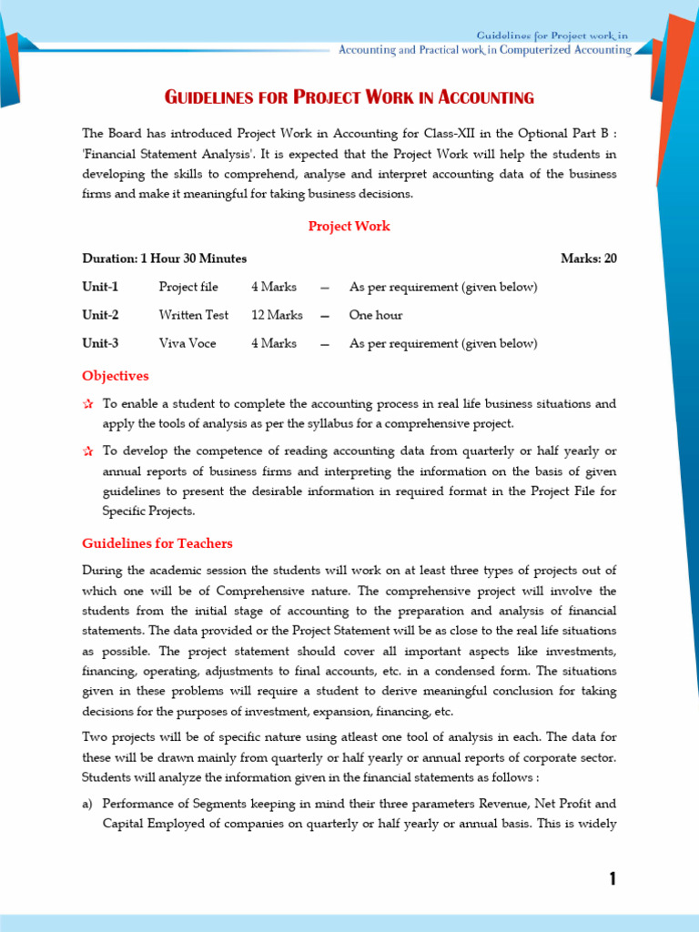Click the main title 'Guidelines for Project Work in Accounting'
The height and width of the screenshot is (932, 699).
click(x=349, y=97)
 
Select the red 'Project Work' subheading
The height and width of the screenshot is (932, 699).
click(x=349, y=226)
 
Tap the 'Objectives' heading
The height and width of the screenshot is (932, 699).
click(x=116, y=376)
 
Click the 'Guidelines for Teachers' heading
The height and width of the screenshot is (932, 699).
click(x=157, y=543)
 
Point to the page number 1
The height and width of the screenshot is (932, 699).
click(x=613, y=878)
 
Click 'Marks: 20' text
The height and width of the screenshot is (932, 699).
click(x=588, y=258)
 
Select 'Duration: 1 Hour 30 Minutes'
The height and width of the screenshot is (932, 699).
click(x=165, y=258)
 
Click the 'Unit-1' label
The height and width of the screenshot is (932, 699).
click(x=100, y=287)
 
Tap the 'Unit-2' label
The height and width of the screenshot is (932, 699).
click(x=100, y=315)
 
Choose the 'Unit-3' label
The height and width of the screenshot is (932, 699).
click(x=100, y=343)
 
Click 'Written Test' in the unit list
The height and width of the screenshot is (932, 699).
click(x=194, y=315)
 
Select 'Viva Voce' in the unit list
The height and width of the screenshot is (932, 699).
click(x=187, y=343)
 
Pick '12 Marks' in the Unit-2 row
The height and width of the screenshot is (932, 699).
click(x=277, y=315)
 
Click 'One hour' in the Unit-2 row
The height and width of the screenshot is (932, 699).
click(x=376, y=315)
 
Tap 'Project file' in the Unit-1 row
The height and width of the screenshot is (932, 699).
click(x=188, y=287)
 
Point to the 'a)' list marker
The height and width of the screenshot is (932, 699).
click(x=88, y=804)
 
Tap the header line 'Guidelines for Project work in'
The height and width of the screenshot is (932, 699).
click(x=553, y=35)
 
